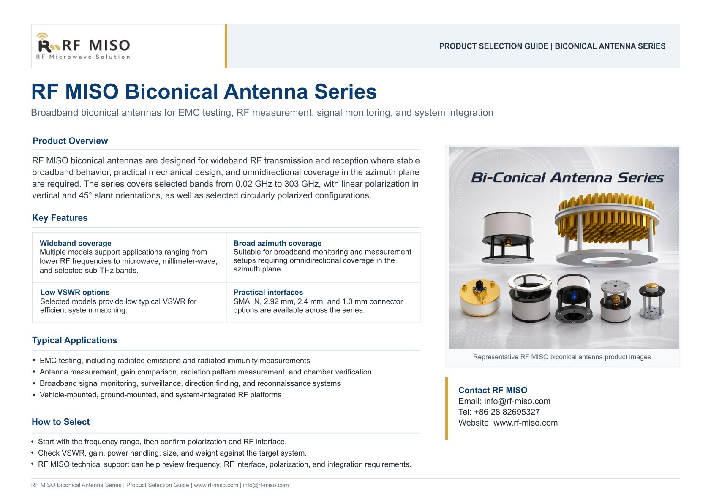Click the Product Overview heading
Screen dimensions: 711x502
(70, 141)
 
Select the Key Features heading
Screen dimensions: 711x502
(60, 218)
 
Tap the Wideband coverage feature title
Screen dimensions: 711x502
(76, 243)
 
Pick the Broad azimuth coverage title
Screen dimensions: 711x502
(278, 243)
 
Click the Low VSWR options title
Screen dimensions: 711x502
(75, 293)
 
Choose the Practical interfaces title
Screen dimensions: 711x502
(268, 293)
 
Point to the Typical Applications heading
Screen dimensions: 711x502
(75, 340)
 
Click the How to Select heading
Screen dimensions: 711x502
(61, 422)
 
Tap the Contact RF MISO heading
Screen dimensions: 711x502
(493, 391)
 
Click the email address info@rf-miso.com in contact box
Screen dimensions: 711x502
(517, 401)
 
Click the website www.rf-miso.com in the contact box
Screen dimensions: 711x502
(525, 423)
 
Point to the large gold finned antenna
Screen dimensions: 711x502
(606, 229)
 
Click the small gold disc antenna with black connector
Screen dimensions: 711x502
(479, 298)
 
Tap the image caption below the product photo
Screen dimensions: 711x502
(561, 357)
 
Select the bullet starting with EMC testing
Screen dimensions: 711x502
(174, 361)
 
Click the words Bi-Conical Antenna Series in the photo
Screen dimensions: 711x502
(567, 178)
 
